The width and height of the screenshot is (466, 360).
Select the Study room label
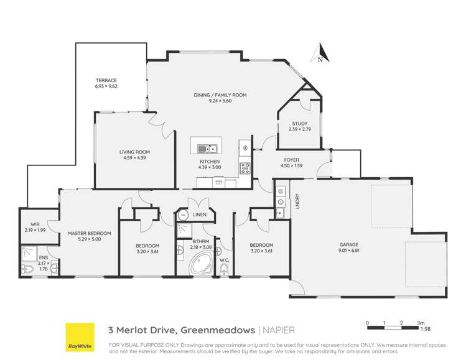pos(301,127)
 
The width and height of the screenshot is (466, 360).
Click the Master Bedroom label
pos(89,236)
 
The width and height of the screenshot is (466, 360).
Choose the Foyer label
pos(292,162)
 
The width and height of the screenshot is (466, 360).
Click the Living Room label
pos(135,154)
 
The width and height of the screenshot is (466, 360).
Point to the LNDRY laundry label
pos(297,203)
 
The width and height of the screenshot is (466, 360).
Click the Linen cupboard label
pos(199,215)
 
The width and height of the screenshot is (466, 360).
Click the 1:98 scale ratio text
pos(422,330)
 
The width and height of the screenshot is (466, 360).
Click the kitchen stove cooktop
pos(245,167)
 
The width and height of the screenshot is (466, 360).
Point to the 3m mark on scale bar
pos(421,323)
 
